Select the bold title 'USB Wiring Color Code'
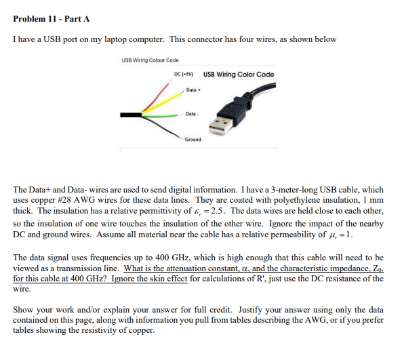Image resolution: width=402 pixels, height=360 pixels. point(239,74)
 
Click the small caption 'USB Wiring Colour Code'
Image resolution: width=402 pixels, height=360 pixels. point(150,60)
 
